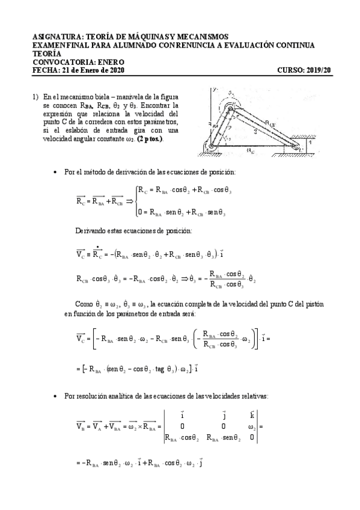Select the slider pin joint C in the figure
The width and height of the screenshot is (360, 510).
coord(296,144)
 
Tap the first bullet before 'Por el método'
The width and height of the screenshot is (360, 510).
coord(55,172)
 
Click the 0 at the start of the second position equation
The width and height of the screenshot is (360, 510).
coord(139,212)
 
